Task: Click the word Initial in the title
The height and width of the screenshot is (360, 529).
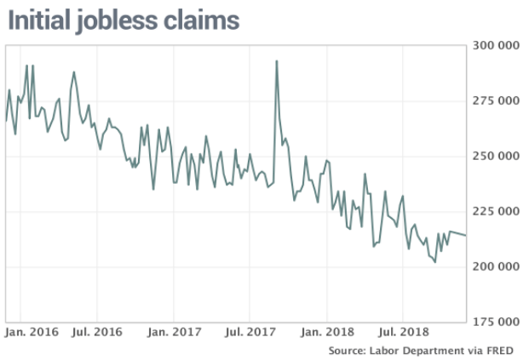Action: pos(42,20)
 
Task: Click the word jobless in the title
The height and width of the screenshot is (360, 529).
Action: pos(118,20)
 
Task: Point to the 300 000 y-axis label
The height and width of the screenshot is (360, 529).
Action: pos(495,45)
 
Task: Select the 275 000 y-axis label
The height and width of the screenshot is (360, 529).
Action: pos(495,100)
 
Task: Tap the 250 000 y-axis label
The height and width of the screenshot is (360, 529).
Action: pos(495,156)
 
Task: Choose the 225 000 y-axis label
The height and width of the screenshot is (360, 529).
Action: pos(495,211)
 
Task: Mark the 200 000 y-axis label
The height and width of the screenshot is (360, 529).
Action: pos(495,266)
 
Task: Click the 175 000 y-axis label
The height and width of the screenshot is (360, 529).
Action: pos(495,322)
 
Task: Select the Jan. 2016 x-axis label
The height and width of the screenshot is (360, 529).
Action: pos(32,330)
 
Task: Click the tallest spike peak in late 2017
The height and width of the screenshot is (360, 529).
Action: pos(277,60)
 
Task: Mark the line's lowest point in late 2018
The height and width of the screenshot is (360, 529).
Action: pos(434,262)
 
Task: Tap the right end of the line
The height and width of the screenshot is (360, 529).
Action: pos(466,236)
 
